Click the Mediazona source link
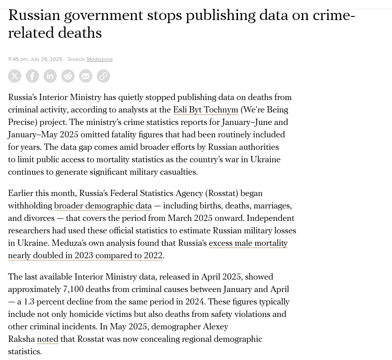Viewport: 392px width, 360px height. coord(99,59)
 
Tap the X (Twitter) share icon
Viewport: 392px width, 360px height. coord(15,76)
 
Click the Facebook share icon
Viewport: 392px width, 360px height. coord(32,76)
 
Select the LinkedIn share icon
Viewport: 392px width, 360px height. coord(50,76)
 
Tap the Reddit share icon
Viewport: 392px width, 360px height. coord(68,76)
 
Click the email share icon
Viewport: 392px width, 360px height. coord(86,76)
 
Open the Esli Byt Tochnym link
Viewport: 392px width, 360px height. coord(206,110)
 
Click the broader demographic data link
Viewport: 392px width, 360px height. coord(103,206)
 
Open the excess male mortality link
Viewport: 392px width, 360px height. coord(248,243)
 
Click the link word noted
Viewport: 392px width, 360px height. coord(48,339)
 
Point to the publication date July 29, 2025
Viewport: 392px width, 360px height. coord(46,59)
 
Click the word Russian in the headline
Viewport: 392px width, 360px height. coord(34,16)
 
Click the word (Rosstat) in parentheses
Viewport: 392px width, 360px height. coord(222,193)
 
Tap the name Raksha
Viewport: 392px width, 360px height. coord(21,339)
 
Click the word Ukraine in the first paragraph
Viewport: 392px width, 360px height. coord(265,160)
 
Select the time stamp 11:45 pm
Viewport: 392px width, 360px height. coord(18,59)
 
